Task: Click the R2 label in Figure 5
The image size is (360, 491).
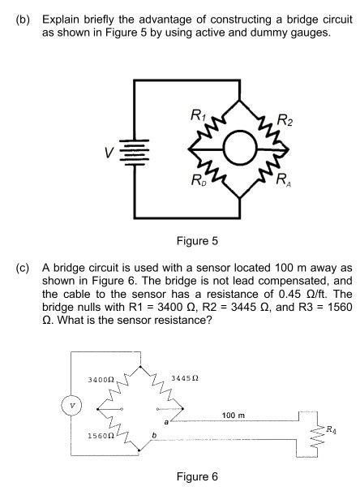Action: click(286, 123)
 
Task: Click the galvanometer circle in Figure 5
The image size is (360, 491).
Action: click(240, 149)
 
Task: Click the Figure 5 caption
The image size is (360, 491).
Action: click(196, 241)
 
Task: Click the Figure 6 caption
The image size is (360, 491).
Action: click(196, 476)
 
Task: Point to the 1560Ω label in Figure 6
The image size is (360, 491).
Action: click(100, 436)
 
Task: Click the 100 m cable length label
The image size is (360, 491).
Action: click(233, 415)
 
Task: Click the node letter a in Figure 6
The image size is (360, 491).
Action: click(166, 423)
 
